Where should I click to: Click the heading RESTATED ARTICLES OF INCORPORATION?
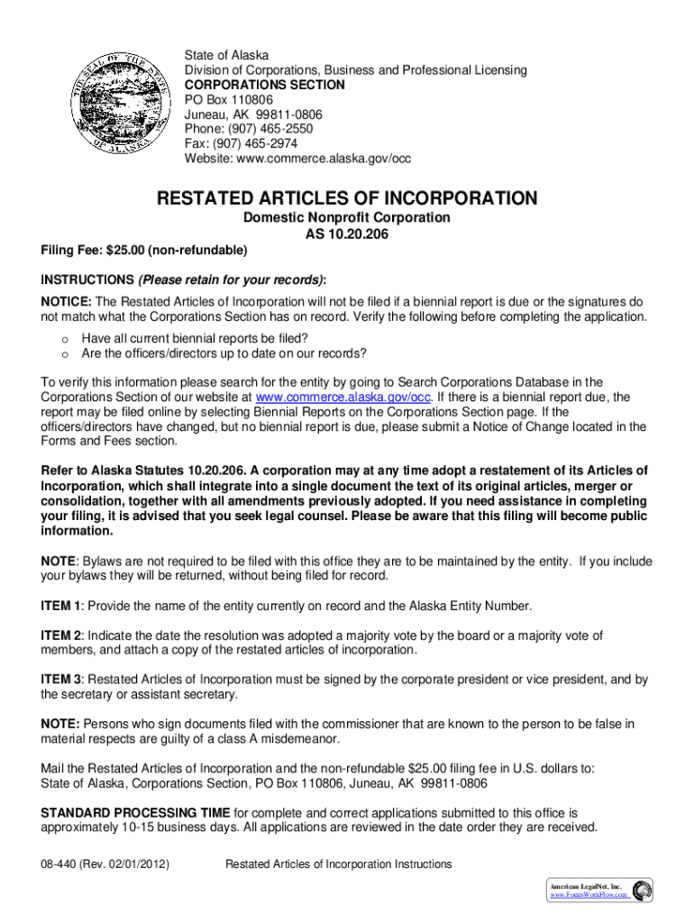point(347,198)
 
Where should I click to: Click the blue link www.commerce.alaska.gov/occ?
point(344,397)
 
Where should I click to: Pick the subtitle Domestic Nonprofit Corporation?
point(347,218)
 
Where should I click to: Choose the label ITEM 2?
point(61,635)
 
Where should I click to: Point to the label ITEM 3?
point(61,679)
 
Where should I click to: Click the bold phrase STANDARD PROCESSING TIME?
point(136,812)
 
